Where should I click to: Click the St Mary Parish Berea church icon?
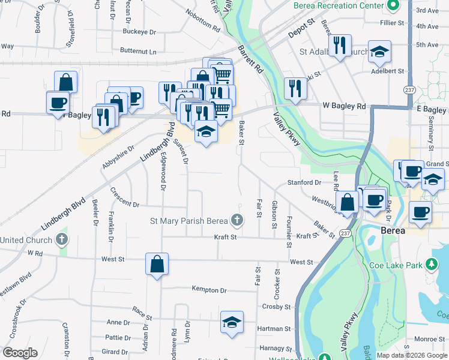237,220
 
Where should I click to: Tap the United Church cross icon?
61,240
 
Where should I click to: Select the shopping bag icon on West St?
156,265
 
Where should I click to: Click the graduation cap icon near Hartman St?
232,322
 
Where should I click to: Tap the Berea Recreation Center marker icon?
393,6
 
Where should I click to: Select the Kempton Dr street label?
209,290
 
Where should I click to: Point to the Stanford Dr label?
309,182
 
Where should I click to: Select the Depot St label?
301,28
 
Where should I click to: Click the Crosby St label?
276,307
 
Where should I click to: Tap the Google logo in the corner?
20,353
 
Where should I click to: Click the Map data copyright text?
412,355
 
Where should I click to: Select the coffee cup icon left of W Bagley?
58,103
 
